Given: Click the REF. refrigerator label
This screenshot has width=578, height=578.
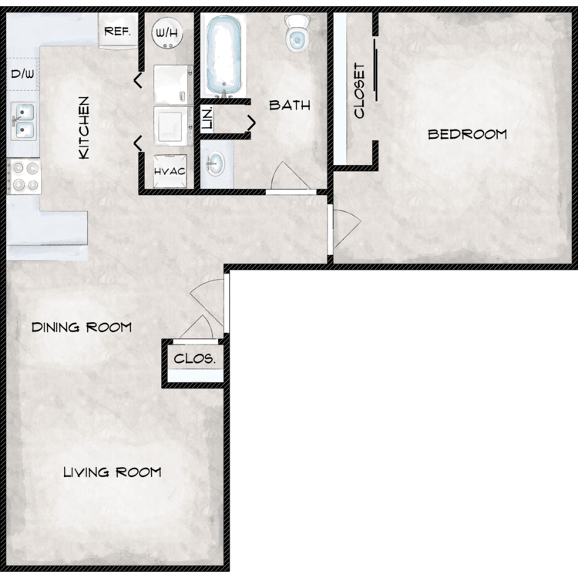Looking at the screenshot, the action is (118, 32).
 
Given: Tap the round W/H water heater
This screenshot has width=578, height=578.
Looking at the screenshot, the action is (167, 33).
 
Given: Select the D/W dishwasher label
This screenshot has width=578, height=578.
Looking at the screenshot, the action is (22, 74).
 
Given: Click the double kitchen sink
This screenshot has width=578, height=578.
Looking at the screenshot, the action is (24, 121).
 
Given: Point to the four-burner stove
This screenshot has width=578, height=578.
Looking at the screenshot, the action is (24, 176).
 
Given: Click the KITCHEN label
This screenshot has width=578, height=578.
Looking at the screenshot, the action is (84, 128).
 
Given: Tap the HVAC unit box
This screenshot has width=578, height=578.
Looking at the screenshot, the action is (170, 171).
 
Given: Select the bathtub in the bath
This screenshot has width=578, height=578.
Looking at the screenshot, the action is (223, 55).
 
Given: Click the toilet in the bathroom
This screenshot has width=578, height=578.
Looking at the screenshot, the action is (297, 33).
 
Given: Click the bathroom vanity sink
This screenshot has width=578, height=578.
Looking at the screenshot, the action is (215, 163).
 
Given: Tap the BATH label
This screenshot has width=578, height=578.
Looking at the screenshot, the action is (290, 106).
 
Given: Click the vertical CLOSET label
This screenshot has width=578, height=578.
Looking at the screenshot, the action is (359, 91).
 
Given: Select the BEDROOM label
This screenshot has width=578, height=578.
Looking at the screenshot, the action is (468, 134).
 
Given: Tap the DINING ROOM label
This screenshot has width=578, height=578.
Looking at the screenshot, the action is (82, 328).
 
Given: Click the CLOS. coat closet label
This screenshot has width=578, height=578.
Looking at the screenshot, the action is (195, 358).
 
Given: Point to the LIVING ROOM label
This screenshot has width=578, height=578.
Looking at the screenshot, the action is (113, 472).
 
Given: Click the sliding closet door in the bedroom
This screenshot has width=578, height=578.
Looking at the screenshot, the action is (375, 69).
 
